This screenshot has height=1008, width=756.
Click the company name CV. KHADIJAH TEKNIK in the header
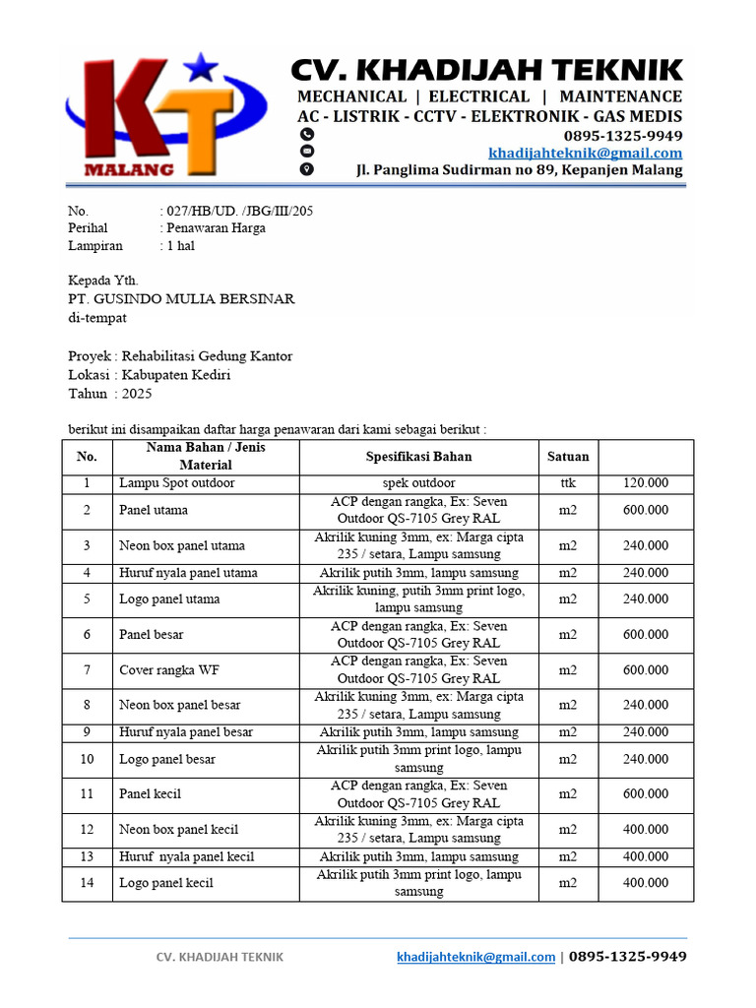tap(486, 70)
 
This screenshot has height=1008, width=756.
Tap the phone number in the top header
tap(622, 135)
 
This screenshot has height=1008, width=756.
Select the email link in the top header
tap(585, 153)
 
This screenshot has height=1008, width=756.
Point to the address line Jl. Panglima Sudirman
tap(519, 170)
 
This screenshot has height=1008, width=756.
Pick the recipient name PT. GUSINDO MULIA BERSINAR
tap(181, 298)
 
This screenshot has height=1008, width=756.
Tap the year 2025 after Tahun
tap(132, 394)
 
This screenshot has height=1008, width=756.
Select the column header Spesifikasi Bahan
tap(418, 457)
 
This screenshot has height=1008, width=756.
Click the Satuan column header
tap(568, 457)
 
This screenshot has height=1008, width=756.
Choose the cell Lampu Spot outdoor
tap(177, 483)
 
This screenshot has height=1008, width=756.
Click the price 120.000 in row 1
tap(646, 483)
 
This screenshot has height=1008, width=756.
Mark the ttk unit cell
tap(568, 483)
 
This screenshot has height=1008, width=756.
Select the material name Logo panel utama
tap(169, 599)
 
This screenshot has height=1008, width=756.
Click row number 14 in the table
tap(88, 883)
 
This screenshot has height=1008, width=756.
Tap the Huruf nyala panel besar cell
tap(186, 732)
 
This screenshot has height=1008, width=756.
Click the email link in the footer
tap(475, 957)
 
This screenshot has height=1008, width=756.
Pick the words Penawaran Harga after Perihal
tap(217, 228)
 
